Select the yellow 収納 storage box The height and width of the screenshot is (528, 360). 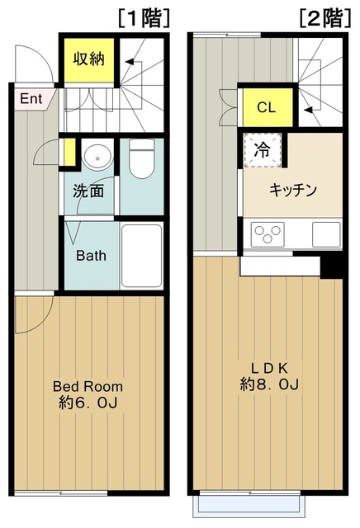(x=86, y=60)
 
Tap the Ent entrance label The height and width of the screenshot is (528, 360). (x=31, y=99)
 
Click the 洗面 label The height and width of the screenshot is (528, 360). (x=88, y=191)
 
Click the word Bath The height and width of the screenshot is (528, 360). (x=91, y=255)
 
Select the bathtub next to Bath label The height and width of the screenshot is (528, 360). (x=141, y=253)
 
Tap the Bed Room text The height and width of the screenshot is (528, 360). (x=88, y=386)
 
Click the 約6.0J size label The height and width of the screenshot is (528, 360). (x=88, y=404)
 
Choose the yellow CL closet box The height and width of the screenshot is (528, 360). (x=265, y=106)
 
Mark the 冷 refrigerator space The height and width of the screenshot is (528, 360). (x=262, y=151)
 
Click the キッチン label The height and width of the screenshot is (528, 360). (x=293, y=190)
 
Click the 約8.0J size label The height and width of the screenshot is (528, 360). (x=270, y=385)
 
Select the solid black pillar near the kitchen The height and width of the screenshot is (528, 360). (x=332, y=266)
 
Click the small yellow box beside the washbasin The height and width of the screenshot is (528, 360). (x=69, y=153)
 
